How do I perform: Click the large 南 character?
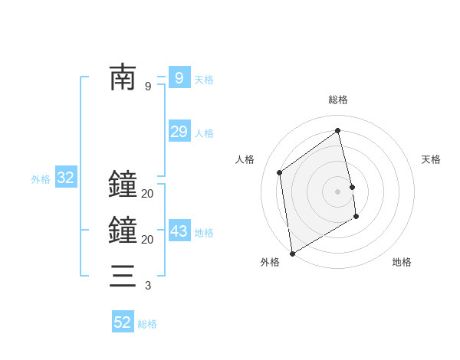pos(123,78)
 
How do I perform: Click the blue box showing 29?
pos(179,132)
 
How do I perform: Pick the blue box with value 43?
pos(179,231)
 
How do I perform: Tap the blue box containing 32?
pos(66,178)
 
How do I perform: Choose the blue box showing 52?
pos(123,322)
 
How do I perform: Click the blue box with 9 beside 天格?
pos(179,78)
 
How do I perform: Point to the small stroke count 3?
pos(148,286)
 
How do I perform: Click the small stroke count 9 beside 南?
pos(148,87)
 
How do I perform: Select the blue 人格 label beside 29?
pos(204,133)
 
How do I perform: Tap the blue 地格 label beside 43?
pos(204,233)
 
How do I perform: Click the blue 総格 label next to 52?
pos(147,324)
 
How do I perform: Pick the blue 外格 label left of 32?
pos(41,180)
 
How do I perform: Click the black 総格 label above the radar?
pos(338,100)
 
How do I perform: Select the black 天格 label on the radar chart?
pos(432,159)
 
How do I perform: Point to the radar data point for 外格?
pos(292,254)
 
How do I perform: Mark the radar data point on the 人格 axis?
pos(280,172)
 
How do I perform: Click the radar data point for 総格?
pos(338,130)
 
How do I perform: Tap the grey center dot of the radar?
pos(338,191)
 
